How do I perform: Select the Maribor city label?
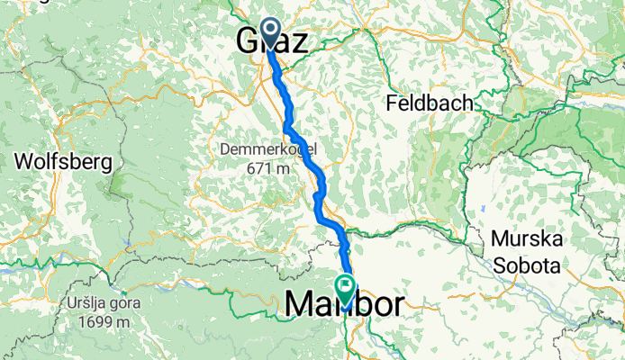click(345, 304)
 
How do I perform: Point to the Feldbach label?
click(430, 103)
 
